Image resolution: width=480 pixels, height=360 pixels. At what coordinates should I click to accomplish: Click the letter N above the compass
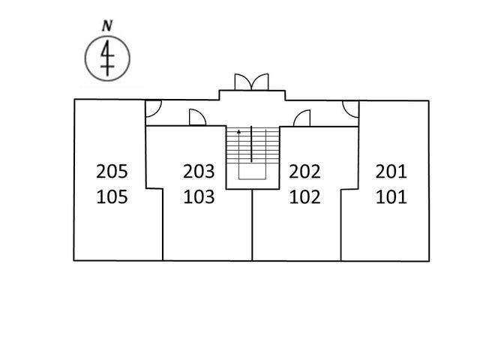pyautogui.click(x=107, y=25)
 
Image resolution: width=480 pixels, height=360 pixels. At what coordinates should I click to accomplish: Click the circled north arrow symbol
pyautogui.click(x=107, y=58)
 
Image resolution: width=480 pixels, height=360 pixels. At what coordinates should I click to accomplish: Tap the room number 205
pyautogui.click(x=112, y=172)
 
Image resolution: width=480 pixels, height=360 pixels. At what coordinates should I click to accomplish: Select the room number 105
pyautogui.click(x=112, y=196)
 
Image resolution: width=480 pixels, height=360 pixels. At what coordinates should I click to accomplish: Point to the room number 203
pyautogui.click(x=199, y=172)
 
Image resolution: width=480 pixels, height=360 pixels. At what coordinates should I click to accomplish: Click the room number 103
pyautogui.click(x=199, y=196)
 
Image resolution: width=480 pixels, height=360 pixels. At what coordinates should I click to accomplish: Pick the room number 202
pyautogui.click(x=304, y=172)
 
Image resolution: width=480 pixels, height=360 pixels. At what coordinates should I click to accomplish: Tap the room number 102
pyautogui.click(x=304, y=196)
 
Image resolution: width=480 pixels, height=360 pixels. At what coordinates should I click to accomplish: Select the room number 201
pyautogui.click(x=391, y=172)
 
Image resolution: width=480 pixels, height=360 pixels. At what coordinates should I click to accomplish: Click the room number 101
pyautogui.click(x=391, y=196)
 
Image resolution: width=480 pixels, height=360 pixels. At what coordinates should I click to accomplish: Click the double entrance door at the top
pyautogui.click(x=252, y=82)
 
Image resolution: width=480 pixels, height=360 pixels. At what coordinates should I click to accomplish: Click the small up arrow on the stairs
pyautogui.click(x=238, y=132)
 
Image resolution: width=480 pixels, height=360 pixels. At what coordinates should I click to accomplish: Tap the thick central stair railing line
pyautogui.click(x=251, y=143)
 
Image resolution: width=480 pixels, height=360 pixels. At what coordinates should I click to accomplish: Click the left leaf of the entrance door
pyautogui.click(x=243, y=82)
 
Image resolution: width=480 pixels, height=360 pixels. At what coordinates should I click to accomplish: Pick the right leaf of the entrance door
pyautogui.click(x=260, y=82)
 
